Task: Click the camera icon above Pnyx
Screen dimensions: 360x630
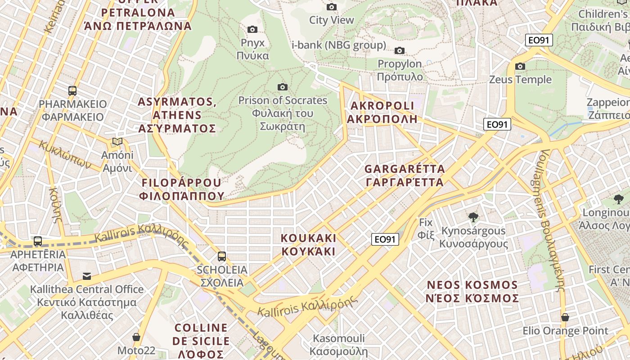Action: (252, 30)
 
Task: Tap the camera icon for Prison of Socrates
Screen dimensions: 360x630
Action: (283, 87)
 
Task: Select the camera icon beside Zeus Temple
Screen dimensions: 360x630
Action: (520, 67)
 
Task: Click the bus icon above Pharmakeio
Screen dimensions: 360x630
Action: (72, 90)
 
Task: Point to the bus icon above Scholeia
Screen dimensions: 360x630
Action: (222, 256)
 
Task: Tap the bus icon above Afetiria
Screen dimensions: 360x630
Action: (38, 241)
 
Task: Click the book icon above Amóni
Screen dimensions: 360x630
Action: (117, 142)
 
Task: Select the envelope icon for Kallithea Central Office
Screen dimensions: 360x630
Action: (87, 276)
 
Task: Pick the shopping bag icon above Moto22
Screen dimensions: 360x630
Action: (136, 337)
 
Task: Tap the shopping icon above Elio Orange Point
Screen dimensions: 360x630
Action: (565, 318)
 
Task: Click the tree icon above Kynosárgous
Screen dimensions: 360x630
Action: (473, 218)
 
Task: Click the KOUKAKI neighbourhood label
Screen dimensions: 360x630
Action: (309, 244)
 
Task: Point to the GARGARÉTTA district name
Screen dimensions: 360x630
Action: (404, 175)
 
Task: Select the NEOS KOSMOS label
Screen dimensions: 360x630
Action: (472, 292)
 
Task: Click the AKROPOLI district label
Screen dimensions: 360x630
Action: (382, 112)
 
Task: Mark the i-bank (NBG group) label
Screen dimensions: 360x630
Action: (339, 45)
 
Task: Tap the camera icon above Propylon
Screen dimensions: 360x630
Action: (400, 51)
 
